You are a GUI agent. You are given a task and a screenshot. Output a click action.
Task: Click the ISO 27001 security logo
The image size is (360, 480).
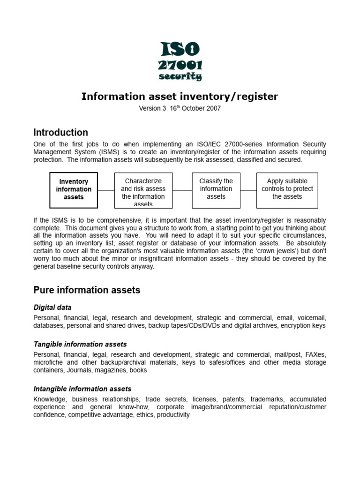point(180,61)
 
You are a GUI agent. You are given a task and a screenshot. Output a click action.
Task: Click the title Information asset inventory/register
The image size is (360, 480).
point(180,97)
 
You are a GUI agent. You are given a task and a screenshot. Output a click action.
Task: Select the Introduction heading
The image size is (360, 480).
point(60,132)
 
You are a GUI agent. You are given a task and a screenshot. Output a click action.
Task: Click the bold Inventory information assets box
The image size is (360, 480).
point(74,189)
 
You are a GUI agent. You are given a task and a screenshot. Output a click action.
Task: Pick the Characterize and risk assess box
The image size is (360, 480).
point(143,190)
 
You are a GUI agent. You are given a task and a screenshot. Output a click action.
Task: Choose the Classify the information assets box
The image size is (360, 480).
point(216,189)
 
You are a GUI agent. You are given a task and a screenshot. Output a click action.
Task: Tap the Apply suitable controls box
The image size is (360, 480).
point(287,189)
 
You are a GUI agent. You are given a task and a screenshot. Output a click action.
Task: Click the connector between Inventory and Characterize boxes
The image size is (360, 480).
point(106,190)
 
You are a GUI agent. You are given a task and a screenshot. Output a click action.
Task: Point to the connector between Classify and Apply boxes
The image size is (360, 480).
point(248,190)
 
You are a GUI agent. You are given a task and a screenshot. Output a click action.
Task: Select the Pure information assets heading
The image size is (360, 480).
point(87,290)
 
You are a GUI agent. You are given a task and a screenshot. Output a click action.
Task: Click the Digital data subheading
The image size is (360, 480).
point(52,307)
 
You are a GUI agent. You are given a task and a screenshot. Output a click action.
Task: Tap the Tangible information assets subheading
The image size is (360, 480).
point(80,344)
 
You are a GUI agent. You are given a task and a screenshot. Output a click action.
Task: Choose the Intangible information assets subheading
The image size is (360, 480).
point(82,389)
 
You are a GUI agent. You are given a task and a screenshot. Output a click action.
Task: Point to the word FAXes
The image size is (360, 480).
point(315,354)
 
